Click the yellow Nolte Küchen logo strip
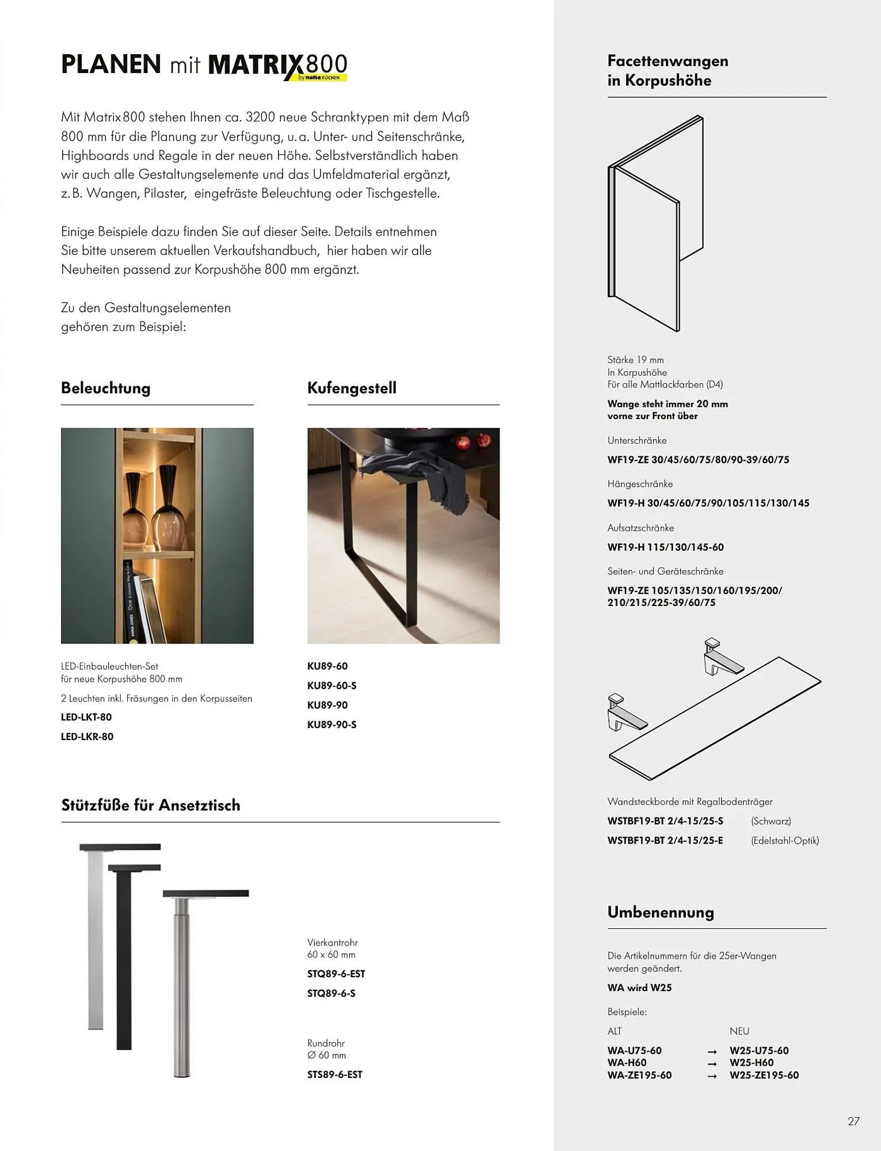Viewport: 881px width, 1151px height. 322,77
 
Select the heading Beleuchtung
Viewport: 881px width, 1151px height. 106,388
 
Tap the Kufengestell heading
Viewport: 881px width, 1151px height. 352,388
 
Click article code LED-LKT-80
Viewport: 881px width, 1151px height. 86,717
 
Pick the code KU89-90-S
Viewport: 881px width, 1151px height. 332,725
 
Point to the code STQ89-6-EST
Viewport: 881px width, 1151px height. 336,974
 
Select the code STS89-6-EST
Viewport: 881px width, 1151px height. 335,1074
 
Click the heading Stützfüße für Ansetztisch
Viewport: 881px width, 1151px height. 151,805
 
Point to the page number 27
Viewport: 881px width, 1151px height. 853,1121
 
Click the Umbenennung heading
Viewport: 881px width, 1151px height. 661,912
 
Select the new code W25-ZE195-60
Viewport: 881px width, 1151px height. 764,1075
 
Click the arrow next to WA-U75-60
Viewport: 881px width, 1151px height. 712,1051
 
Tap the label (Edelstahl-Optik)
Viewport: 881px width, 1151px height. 785,840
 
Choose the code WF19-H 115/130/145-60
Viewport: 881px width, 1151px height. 666,547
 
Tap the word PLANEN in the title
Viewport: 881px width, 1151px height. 111,64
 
